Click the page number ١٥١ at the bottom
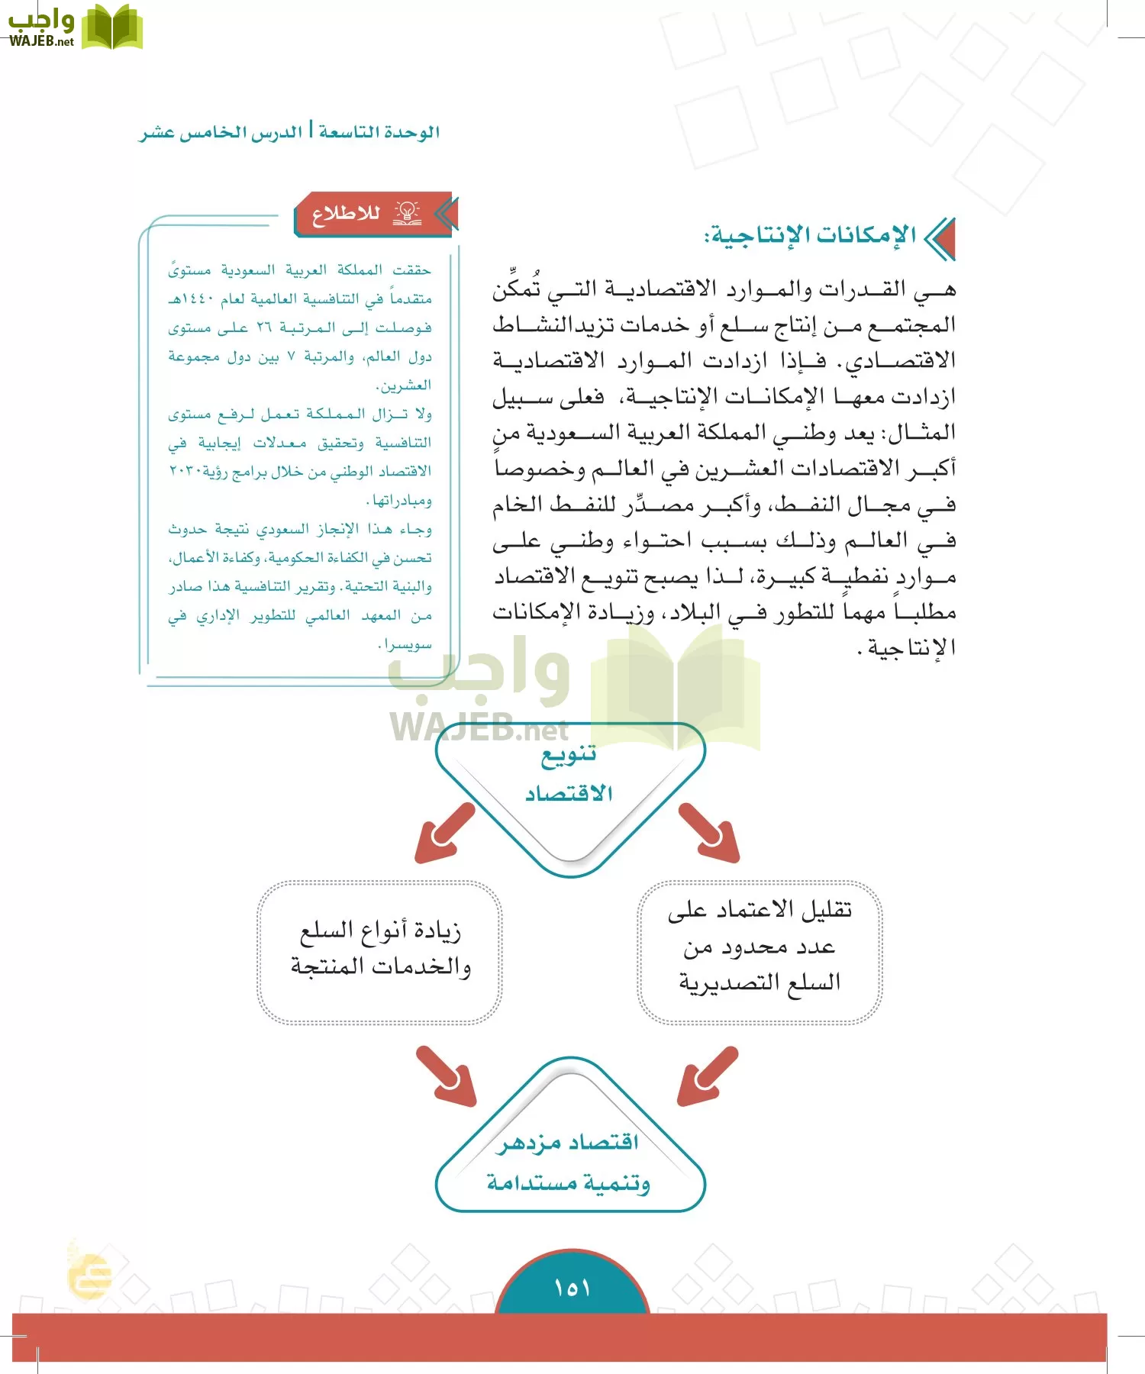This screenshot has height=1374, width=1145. [x=572, y=1289]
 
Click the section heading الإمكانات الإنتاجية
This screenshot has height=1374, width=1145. [x=811, y=235]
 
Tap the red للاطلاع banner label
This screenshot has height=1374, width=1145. [x=346, y=213]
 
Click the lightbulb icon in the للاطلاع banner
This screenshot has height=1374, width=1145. [x=408, y=213]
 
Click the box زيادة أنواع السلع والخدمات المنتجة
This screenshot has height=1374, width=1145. [x=380, y=950]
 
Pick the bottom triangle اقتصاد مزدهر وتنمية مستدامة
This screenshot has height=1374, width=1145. [x=569, y=1162]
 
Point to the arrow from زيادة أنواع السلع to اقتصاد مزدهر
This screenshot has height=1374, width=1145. [x=446, y=1076]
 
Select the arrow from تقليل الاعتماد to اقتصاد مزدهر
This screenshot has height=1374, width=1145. [x=708, y=1076]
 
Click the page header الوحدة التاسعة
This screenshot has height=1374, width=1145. [x=379, y=132]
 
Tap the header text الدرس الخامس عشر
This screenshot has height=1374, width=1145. [x=221, y=133]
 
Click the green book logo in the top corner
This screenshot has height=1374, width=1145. [x=112, y=27]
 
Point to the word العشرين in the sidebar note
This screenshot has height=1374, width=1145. [x=405, y=385]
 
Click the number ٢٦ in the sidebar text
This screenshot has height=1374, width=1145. [x=264, y=327]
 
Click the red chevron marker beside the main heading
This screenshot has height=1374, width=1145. [x=941, y=238]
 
